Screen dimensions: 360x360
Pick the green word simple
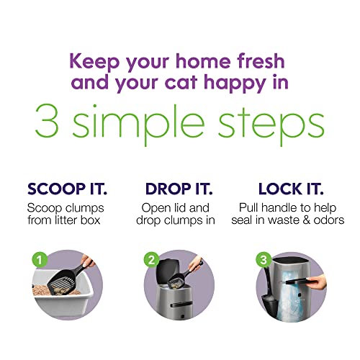pyautogui.click(x=143, y=124)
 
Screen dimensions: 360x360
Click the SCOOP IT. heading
pyautogui.click(x=67, y=190)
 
